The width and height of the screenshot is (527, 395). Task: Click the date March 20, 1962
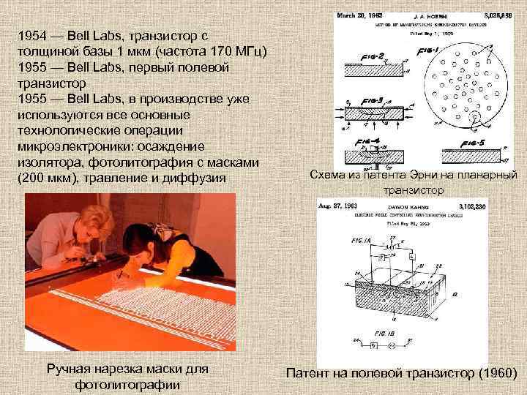click(358, 14)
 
